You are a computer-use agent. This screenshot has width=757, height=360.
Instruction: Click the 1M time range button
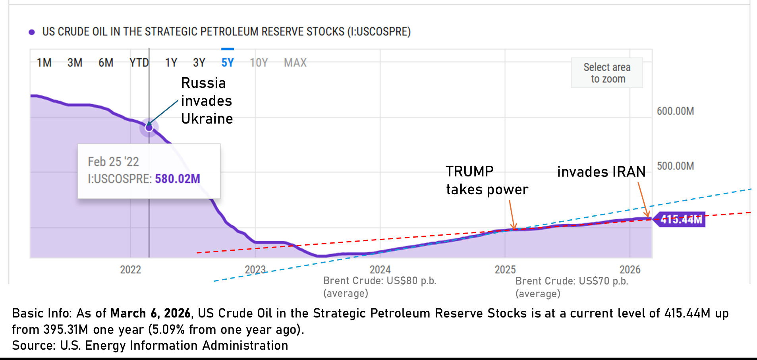[44, 63]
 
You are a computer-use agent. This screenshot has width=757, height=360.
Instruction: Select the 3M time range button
[75, 63]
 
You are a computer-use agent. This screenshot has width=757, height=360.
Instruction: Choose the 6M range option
[106, 63]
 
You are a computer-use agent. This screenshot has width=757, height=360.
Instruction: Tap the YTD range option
[139, 63]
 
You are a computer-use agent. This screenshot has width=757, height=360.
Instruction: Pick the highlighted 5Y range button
[228, 63]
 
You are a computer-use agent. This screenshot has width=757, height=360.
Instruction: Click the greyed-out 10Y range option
[259, 63]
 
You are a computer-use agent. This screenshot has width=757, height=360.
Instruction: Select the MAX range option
[295, 63]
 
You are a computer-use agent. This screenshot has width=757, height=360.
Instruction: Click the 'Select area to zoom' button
[607, 73]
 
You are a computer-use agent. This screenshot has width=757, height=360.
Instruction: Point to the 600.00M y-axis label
[675, 111]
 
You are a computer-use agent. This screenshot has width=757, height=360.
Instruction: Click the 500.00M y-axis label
[675, 166]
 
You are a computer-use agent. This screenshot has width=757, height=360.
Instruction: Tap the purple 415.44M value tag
[681, 219]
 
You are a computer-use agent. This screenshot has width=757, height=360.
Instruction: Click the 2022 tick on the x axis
[131, 270]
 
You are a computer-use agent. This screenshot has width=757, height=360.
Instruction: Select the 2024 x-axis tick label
[380, 270]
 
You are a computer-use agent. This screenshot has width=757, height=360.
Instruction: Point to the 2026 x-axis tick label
[630, 270]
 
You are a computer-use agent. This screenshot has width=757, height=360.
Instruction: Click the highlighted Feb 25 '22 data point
[149, 128]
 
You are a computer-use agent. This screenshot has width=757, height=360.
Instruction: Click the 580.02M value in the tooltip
[178, 179]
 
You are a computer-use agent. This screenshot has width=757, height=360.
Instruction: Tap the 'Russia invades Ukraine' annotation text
[207, 101]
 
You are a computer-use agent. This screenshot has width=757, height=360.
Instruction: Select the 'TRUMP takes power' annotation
[487, 180]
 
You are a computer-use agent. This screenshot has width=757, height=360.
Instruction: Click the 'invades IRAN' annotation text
[601, 172]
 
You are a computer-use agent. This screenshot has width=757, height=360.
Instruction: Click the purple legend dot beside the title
[32, 32]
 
